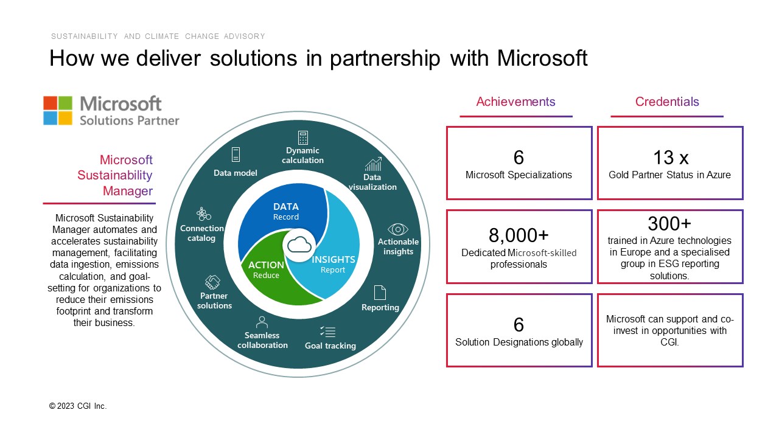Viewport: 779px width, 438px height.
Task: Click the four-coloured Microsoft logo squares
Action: click(x=58, y=110)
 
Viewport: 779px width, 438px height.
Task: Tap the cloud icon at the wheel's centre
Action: click(x=299, y=245)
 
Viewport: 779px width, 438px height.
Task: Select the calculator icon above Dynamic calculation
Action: click(x=303, y=137)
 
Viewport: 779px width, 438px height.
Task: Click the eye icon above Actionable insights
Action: click(x=398, y=229)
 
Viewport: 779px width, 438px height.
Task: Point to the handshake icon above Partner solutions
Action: click(x=212, y=282)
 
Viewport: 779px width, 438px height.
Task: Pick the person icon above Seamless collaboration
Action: click(x=262, y=322)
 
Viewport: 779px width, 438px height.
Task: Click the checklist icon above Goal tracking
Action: click(x=328, y=332)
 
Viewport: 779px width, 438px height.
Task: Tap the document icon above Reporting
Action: click(x=380, y=293)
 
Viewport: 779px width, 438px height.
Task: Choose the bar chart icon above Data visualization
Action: click(x=374, y=164)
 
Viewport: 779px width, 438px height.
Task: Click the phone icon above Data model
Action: click(x=236, y=155)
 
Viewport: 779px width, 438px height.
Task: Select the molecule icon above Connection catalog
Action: click(x=203, y=214)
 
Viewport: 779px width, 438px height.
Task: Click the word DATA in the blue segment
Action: click(x=286, y=207)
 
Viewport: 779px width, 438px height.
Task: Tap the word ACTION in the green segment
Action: click(x=266, y=265)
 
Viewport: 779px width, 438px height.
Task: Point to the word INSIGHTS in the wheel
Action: click(x=333, y=260)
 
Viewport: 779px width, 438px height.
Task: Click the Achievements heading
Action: click(x=515, y=102)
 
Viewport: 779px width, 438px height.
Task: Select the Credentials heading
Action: click(x=666, y=102)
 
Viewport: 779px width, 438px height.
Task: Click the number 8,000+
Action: click(x=519, y=235)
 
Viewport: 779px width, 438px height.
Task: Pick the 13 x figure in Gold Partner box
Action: click(x=671, y=158)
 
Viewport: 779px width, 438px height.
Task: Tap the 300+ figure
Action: click(x=669, y=223)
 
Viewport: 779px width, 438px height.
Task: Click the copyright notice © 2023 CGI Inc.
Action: click(x=78, y=406)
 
